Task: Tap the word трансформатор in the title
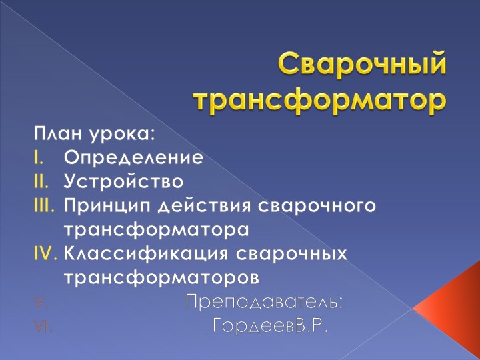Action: coord(319,99)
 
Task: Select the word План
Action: coord(58,133)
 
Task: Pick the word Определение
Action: coord(133,159)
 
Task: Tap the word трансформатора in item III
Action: coord(156,229)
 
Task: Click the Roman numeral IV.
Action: coord(45,253)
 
